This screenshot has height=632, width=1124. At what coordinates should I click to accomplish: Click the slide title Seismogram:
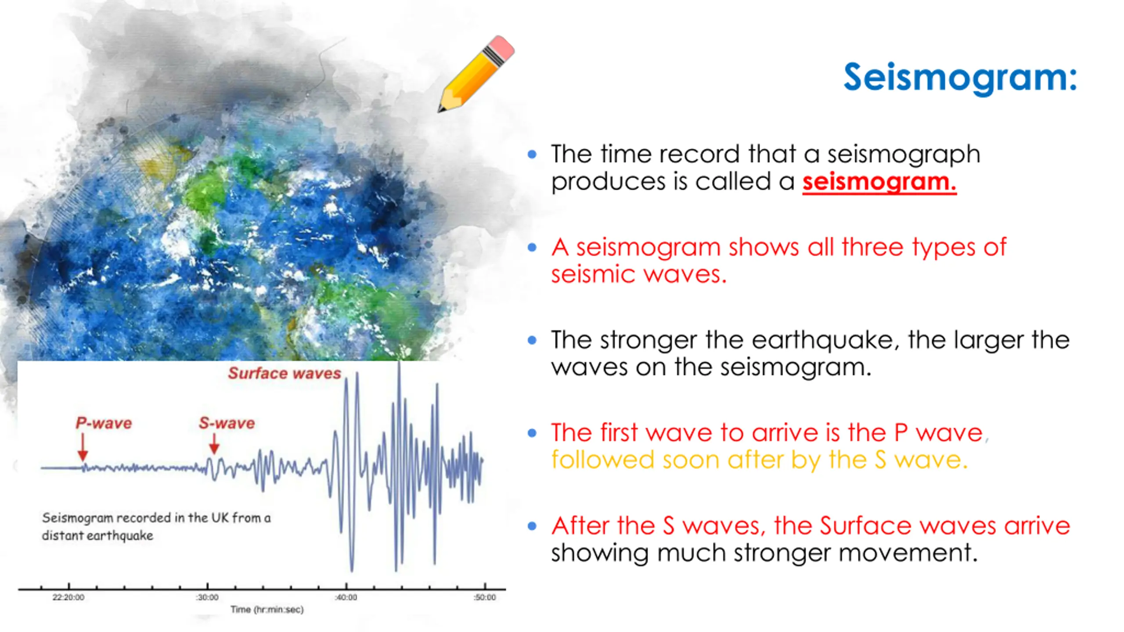[x=960, y=77]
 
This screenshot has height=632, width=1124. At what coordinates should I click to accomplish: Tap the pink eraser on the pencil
[x=501, y=47]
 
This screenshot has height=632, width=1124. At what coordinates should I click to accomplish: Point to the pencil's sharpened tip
[x=440, y=110]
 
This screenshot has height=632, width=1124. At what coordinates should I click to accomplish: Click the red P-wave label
[x=104, y=423]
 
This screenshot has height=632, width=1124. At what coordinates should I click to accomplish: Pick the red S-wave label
[x=227, y=423]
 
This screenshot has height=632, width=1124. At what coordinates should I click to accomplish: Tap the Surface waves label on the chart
[x=285, y=373]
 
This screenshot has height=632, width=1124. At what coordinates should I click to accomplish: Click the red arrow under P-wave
[x=83, y=447]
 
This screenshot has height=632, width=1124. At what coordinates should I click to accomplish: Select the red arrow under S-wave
[x=214, y=444]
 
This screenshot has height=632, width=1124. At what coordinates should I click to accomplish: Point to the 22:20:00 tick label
[x=68, y=597]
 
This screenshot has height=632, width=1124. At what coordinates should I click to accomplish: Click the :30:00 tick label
[x=207, y=597]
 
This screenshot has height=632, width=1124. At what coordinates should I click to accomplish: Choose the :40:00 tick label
[x=346, y=597]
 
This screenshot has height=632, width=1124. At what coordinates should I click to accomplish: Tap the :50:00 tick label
[x=485, y=597]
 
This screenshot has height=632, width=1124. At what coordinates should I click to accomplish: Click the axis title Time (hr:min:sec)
[x=267, y=610]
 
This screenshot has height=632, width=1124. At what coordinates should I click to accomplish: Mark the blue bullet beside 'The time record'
[x=532, y=154]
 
